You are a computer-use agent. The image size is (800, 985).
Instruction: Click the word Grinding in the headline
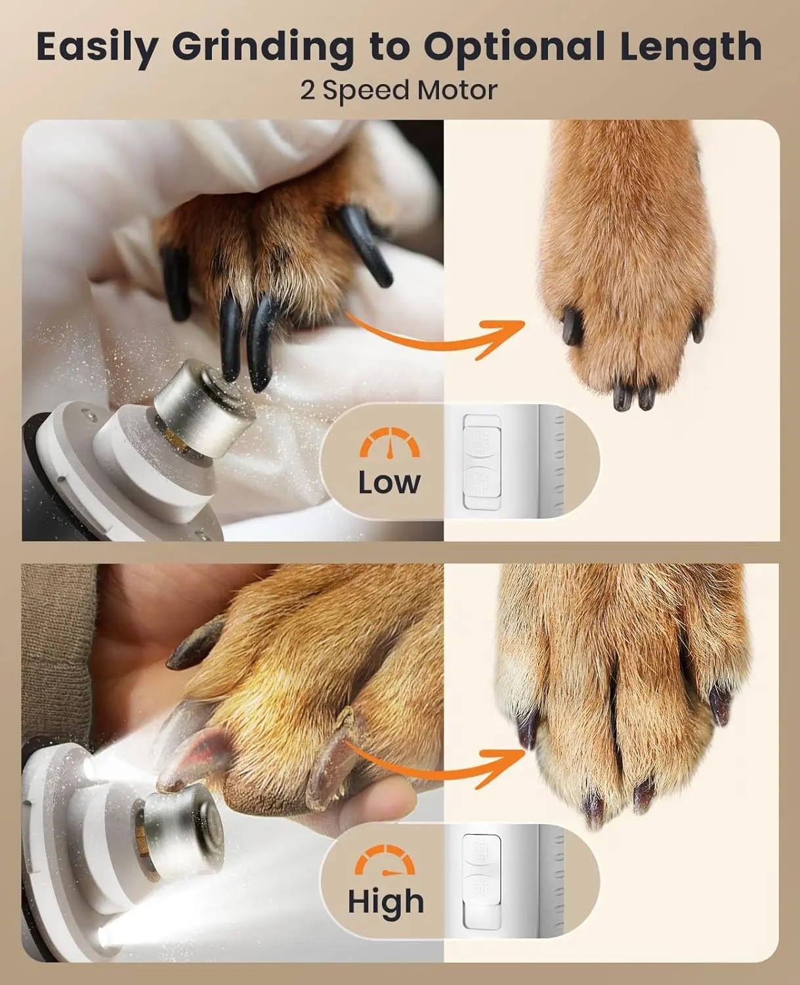click(263, 48)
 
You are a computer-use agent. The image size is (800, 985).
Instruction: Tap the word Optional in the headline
click(514, 48)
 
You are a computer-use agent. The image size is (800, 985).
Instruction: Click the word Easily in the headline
click(97, 48)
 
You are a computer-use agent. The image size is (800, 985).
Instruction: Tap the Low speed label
click(389, 482)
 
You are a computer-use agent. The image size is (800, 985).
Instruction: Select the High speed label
click(386, 902)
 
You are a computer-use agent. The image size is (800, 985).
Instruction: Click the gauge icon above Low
click(389, 444)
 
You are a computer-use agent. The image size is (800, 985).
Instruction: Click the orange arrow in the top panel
click(436, 335)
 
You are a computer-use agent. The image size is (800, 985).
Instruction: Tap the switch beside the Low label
click(482, 461)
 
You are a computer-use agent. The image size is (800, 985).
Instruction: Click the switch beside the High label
click(482, 880)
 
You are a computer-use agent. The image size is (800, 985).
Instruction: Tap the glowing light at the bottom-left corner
click(108, 936)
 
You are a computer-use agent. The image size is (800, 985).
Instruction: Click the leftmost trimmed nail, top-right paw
click(572, 326)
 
